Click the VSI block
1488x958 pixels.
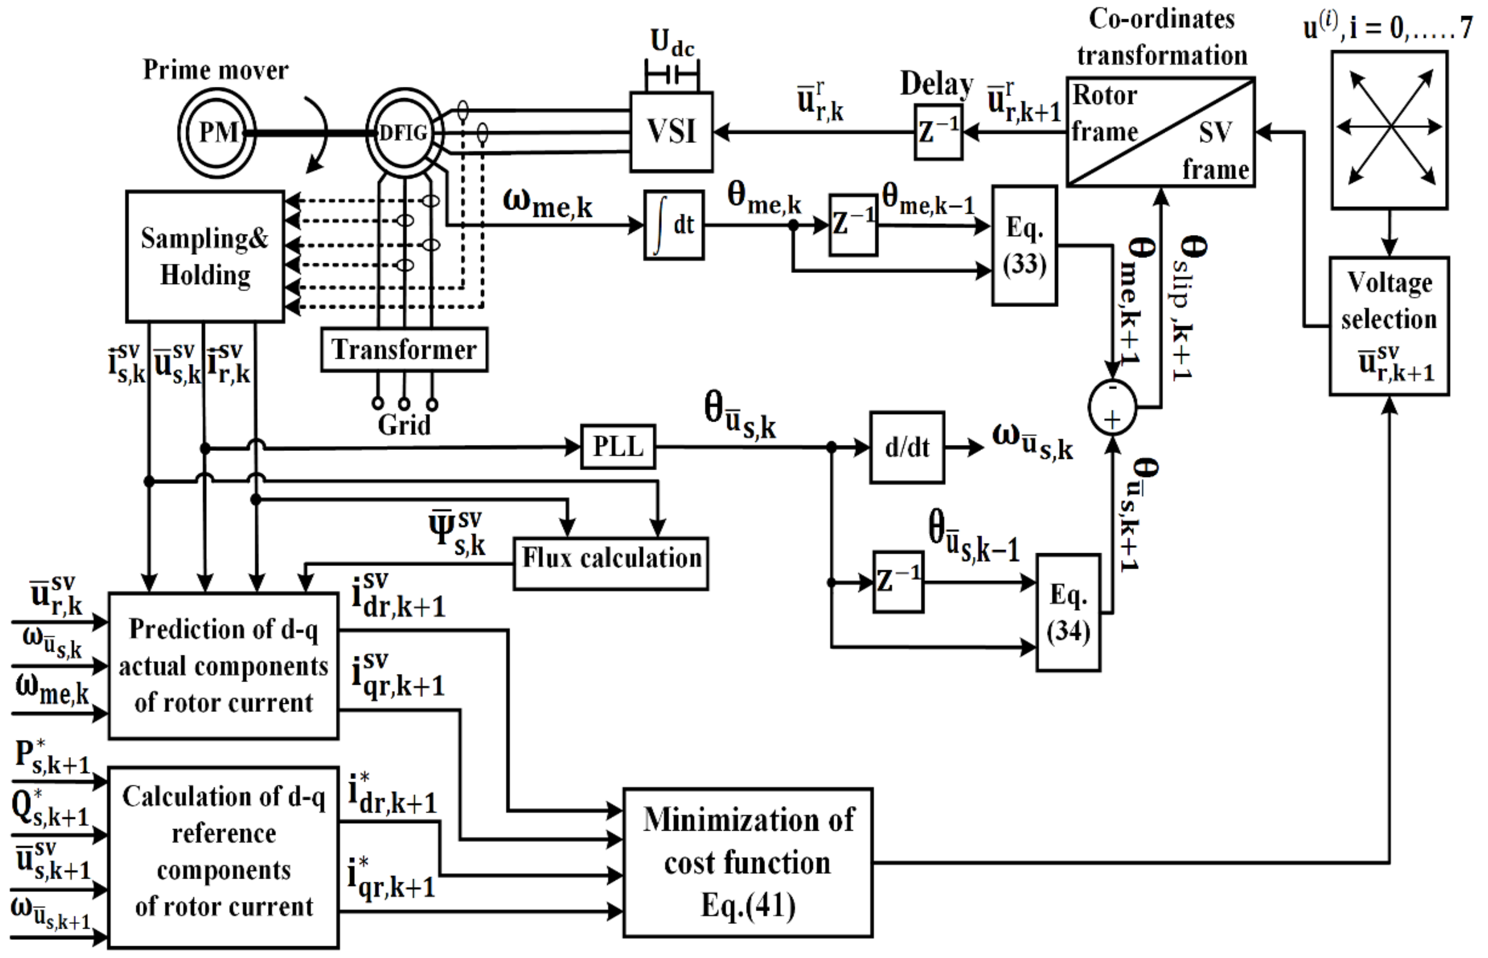[671, 132]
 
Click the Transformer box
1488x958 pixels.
[404, 349]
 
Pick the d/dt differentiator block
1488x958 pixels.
[907, 447]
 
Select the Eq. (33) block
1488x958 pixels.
[1024, 246]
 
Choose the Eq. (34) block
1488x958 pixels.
[1068, 613]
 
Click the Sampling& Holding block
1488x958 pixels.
[205, 256]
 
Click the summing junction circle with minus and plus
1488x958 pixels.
[1112, 408]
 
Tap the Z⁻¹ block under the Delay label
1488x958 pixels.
[938, 132]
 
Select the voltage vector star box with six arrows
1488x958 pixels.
[1389, 130]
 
